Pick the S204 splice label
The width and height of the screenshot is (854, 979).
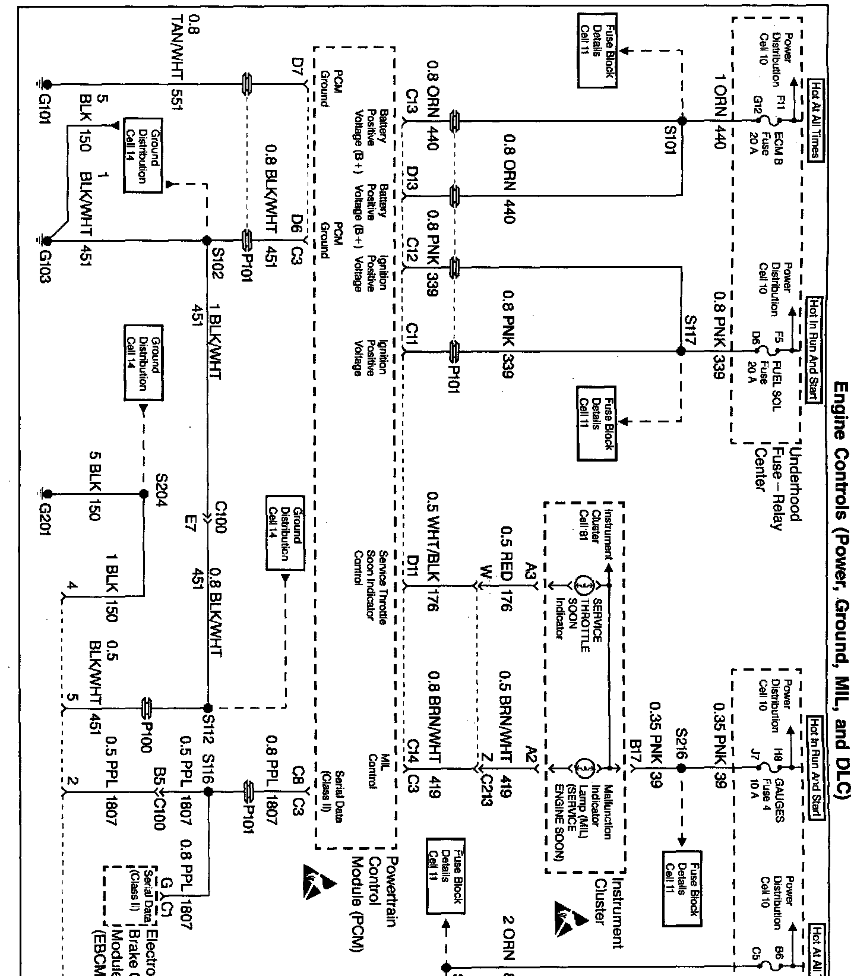pos(160,489)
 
